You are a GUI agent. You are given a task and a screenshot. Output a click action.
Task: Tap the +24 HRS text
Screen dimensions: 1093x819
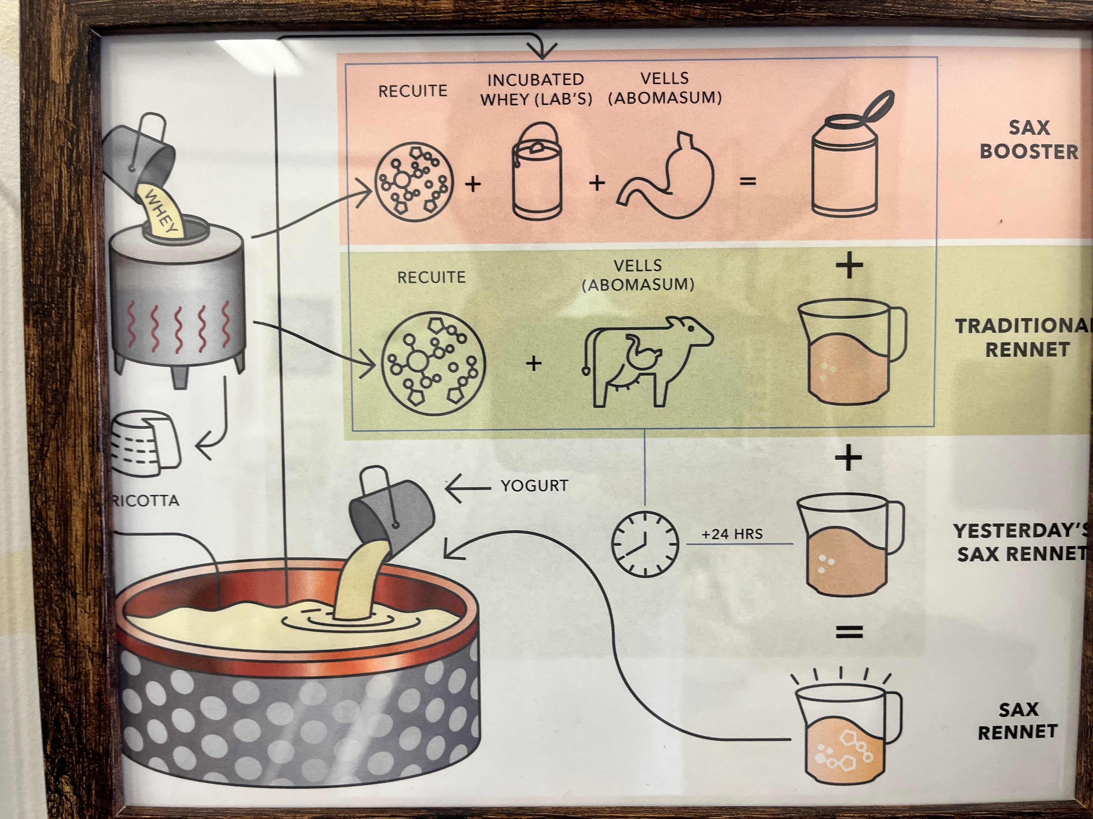pos(732,534)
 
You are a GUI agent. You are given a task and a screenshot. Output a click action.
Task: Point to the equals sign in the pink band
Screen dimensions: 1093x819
pos(748,182)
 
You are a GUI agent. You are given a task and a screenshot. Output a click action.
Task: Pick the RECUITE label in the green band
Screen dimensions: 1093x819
pos(431,277)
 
